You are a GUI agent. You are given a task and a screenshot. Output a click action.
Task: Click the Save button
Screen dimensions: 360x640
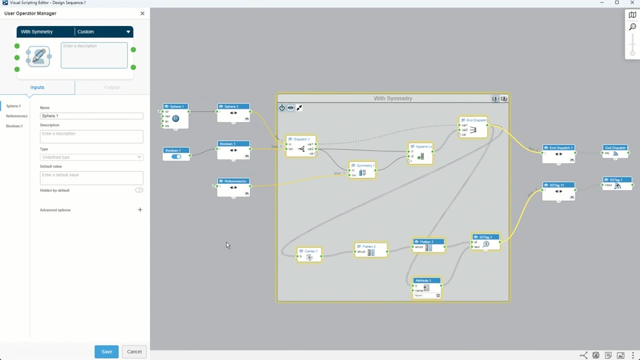coord(107,351)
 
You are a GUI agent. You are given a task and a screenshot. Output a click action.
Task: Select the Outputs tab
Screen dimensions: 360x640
coord(112,87)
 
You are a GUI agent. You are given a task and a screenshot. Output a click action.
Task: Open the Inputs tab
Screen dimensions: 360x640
coord(37,87)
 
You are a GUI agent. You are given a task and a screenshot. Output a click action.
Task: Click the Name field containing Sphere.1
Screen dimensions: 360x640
coord(91,116)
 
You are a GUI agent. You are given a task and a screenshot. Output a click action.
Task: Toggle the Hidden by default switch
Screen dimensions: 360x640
coord(139,190)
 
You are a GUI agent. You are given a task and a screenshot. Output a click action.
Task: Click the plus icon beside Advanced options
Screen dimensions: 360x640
coord(140,210)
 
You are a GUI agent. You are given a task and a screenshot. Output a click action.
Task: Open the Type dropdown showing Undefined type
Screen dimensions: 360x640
coord(91,157)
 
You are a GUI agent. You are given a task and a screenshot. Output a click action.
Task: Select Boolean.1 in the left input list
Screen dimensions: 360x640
coord(15,126)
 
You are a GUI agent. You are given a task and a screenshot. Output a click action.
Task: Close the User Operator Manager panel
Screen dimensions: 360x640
coord(142,13)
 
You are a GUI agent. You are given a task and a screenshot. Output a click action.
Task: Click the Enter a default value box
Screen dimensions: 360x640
coord(91,177)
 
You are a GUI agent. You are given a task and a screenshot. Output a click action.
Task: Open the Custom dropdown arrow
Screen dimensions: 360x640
coord(128,32)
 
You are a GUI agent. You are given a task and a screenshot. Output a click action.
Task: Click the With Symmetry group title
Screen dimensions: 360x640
coord(393,99)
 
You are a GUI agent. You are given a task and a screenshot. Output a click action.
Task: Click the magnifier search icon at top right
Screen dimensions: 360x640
coord(632,27)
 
